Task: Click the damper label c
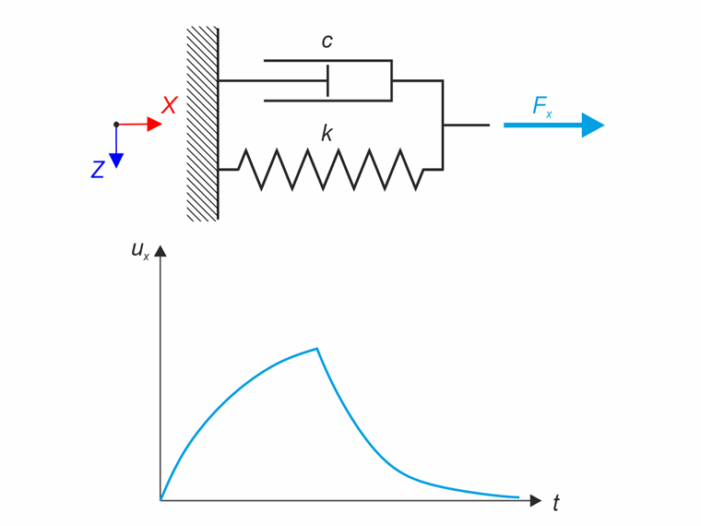click(327, 42)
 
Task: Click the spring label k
click(327, 134)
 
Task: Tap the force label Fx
click(542, 106)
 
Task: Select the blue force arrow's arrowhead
click(592, 125)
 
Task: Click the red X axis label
click(169, 106)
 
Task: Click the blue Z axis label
click(97, 170)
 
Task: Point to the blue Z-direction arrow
click(116, 148)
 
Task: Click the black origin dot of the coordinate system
click(116, 124)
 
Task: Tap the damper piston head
click(327, 80)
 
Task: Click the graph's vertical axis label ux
click(139, 249)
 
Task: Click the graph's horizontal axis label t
click(555, 504)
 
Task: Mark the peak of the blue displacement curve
click(317, 349)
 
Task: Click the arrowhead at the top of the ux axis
click(160, 251)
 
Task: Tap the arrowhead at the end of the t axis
click(536, 500)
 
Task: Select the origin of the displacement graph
click(160, 500)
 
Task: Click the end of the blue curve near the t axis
click(518, 497)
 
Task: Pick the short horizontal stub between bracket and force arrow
click(466, 125)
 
